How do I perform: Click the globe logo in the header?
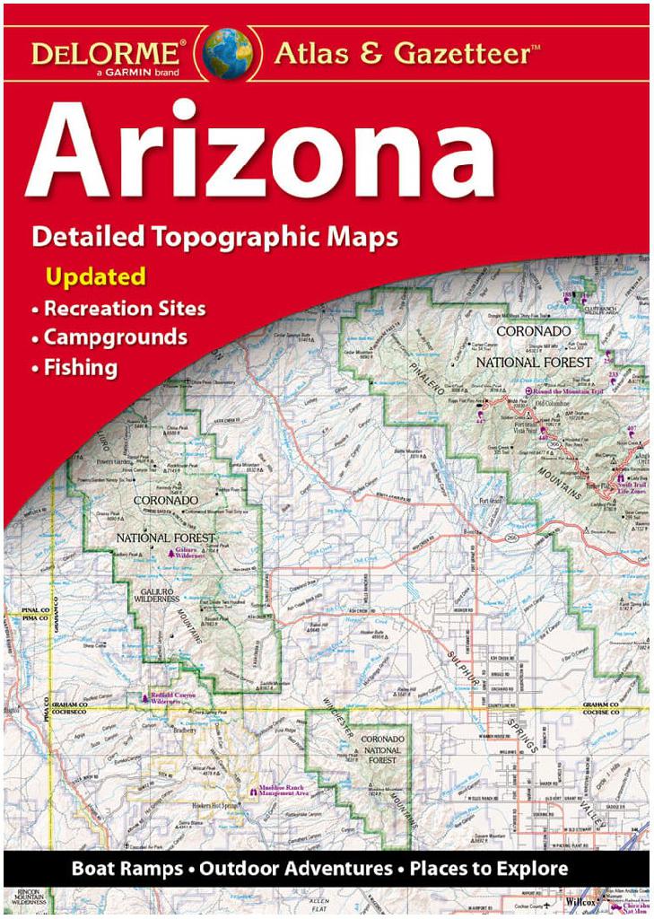tap(228, 53)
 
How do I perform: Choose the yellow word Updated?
tap(95, 276)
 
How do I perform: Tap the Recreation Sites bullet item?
tap(125, 309)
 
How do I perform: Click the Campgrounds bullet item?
tap(116, 337)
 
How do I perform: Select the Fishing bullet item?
tap(81, 367)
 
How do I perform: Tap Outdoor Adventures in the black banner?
tap(295, 869)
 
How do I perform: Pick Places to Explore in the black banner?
tap(489, 869)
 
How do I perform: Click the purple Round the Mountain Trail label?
tap(570, 392)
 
